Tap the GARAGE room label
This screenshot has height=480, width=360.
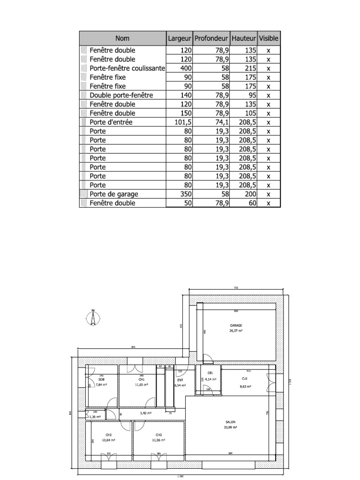point(236,325)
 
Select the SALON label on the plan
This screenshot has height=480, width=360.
point(230,422)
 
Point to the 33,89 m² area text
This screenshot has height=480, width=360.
point(230,427)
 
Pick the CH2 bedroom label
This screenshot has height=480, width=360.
point(108,435)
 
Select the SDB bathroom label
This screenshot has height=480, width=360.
point(101,380)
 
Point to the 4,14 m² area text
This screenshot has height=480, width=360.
point(211,379)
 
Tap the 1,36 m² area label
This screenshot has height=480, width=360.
point(95,416)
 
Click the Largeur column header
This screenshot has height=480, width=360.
point(180,38)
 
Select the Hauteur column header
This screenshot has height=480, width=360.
point(243,38)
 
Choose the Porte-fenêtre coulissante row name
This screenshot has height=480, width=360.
point(127,68)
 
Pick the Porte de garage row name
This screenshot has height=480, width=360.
point(114,194)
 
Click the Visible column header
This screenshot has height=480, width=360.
point(269,38)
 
